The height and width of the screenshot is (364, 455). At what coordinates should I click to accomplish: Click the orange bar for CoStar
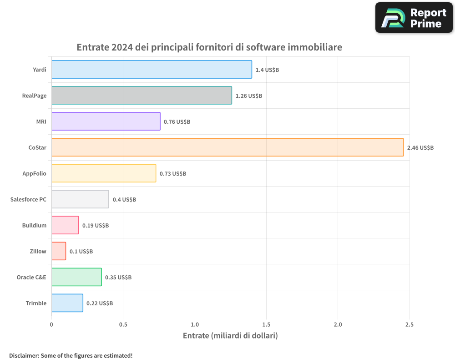coord(227,147)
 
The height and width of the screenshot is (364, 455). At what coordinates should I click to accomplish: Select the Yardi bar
coord(152,70)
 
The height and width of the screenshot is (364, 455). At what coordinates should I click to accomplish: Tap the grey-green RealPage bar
coord(142,96)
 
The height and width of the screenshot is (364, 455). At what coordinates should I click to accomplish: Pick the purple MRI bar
coord(106,121)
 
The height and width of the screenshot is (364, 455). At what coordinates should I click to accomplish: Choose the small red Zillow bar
coord(59,251)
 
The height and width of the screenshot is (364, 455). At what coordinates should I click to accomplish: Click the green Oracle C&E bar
coord(76,277)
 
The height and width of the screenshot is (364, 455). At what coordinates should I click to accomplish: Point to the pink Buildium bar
coord(65,225)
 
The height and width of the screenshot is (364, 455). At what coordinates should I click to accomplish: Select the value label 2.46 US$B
coord(420,148)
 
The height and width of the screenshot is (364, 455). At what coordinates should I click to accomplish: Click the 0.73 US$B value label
coord(173,174)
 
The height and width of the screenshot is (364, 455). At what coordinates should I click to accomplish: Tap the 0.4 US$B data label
coord(124,200)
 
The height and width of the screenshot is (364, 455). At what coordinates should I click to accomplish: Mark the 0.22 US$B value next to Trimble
coord(100,303)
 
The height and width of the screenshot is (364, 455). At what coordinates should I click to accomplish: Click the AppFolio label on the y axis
coord(35,173)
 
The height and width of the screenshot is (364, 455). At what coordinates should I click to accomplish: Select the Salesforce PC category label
coord(28,199)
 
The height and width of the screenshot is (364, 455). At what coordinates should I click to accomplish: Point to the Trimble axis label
coord(36,303)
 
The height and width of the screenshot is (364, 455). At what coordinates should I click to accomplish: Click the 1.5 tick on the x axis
coord(266,325)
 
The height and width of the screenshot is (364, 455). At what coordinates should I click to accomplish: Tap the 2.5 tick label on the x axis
coord(409,325)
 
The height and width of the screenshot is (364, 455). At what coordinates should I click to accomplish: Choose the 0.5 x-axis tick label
coord(123,325)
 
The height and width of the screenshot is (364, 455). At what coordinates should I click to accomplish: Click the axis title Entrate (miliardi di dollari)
coord(230,336)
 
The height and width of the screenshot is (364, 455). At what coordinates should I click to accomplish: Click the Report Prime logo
coord(414,18)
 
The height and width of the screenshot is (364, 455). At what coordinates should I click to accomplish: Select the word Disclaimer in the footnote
coord(23,355)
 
